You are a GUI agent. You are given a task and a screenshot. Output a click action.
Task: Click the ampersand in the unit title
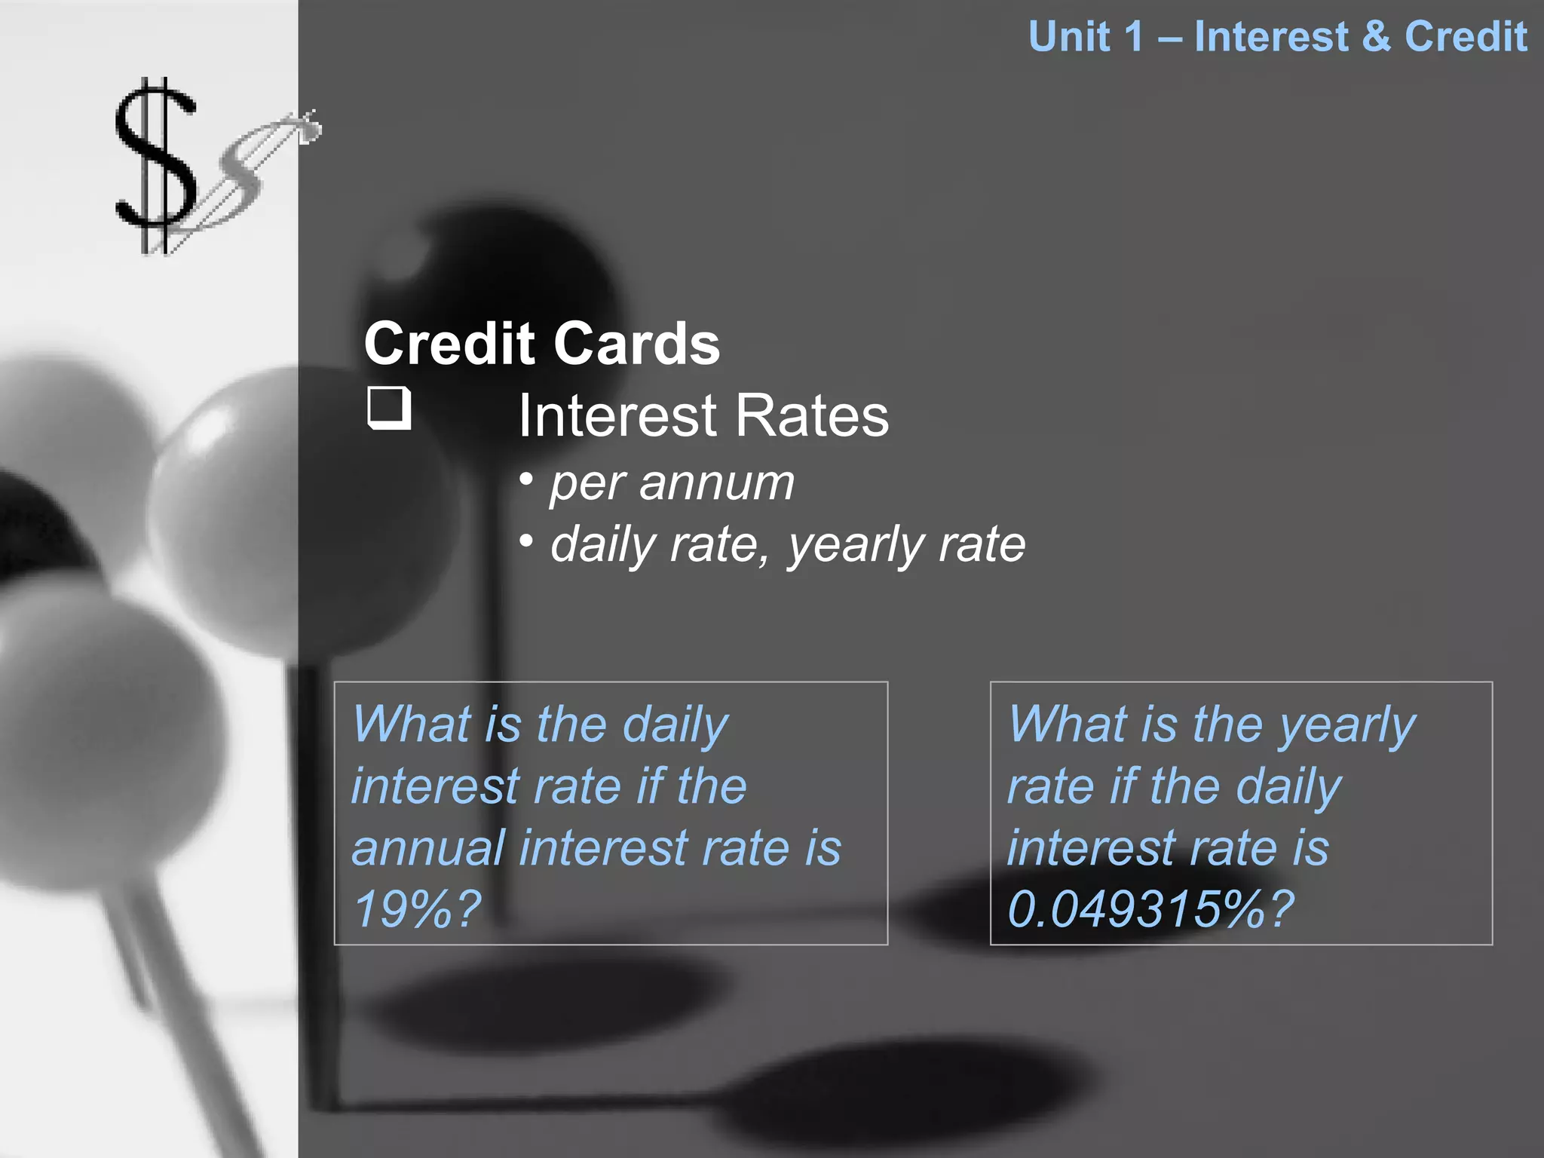click(1376, 36)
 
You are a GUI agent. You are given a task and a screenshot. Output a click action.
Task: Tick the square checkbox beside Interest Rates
click(389, 408)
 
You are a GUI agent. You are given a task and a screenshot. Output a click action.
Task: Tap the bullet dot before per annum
click(526, 479)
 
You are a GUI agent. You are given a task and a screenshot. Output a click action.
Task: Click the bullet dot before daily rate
click(526, 540)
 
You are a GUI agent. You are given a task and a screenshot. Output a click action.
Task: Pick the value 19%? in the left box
click(417, 909)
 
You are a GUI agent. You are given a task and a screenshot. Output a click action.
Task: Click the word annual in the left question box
click(428, 847)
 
